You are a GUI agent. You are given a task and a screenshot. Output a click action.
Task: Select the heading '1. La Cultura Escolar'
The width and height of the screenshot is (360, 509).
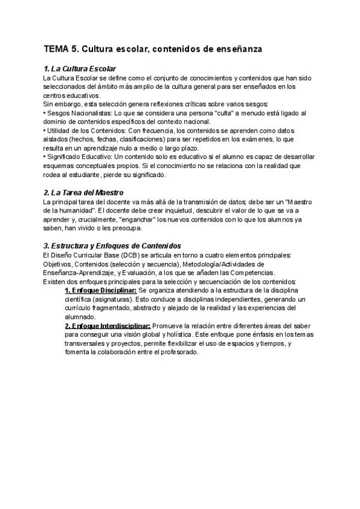click(80, 70)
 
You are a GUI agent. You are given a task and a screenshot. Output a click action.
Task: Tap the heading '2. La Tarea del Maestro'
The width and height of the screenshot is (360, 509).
click(83, 193)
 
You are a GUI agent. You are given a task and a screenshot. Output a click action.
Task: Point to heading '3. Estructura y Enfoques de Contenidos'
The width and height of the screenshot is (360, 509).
click(112, 246)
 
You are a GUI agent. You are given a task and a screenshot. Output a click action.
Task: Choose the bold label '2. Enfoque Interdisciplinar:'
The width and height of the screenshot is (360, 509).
click(107, 325)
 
